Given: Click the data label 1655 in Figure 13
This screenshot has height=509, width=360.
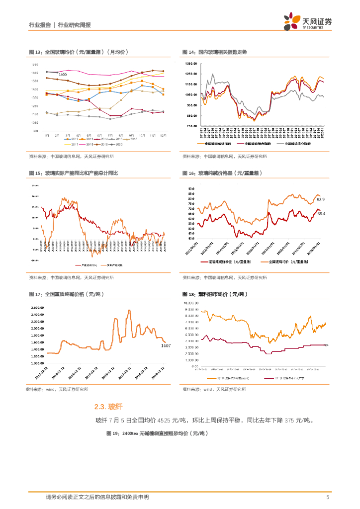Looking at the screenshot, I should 63,74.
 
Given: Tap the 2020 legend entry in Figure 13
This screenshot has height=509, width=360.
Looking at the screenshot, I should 117,144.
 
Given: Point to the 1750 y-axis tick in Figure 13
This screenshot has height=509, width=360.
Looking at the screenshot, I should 34,65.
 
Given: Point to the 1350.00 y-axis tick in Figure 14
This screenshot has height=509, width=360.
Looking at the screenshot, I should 191,64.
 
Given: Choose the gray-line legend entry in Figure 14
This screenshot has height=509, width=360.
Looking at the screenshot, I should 295,144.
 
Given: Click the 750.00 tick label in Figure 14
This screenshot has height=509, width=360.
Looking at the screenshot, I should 192,126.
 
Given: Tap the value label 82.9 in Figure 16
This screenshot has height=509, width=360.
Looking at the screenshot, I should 321,199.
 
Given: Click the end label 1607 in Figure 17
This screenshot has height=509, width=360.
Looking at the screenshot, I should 166,345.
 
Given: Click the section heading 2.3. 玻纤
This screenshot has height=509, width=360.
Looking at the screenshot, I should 108,407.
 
